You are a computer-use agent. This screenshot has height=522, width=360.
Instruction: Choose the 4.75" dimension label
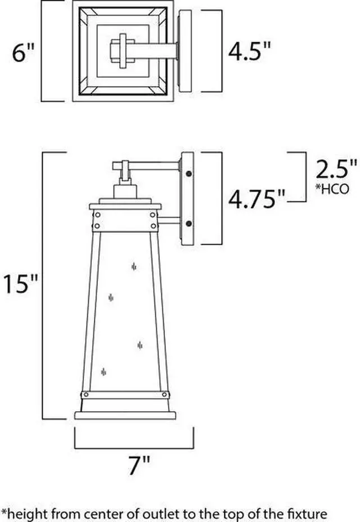[256, 199]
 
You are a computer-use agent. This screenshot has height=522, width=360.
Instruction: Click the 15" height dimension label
[21, 284]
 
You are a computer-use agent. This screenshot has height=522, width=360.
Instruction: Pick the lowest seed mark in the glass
[103, 371]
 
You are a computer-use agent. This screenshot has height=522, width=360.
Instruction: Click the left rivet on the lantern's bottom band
[84, 393]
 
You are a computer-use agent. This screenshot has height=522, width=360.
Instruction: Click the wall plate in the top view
[186, 52]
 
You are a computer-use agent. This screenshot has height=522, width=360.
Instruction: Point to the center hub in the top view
[123, 52]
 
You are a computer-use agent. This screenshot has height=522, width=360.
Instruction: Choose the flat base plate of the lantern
[125, 415]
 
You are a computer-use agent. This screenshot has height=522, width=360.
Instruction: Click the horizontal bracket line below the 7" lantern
[134, 448]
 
